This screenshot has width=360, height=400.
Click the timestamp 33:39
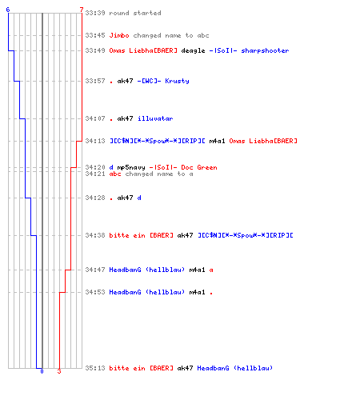[95, 13]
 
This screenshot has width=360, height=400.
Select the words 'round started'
[135, 13]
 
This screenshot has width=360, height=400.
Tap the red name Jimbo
[119, 35]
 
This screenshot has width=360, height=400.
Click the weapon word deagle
[193, 50]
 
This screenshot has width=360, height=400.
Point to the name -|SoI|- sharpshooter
[249, 50]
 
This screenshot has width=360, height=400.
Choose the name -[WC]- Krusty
[163, 81]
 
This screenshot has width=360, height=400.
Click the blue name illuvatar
[155, 118]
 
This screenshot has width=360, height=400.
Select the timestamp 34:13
[95, 141]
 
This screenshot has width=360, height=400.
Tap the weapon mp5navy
[131, 167]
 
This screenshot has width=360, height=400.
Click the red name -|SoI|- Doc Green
[183, 167]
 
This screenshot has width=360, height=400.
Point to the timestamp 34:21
[95, 174]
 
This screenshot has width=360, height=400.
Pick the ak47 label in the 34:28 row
[125, 198]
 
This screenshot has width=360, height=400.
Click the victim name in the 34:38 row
[246, 235]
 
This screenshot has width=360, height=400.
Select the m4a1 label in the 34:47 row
[197, 270]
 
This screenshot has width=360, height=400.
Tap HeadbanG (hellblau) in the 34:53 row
[147, 292]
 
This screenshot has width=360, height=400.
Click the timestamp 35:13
[95, 368]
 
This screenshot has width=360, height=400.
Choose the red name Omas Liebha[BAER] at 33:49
[143, 50]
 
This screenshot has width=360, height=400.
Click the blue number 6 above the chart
[8, 10]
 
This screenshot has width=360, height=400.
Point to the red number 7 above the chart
[82, 10]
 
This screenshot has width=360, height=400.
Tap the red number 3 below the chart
[59, 371]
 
